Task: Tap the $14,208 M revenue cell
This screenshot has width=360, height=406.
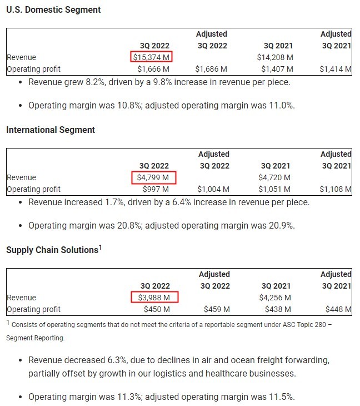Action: [275, 57]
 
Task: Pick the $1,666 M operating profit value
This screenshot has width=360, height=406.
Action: [153, 69]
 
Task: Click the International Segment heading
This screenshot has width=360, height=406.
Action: [51, 130]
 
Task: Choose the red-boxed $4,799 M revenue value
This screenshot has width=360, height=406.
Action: [156, 177]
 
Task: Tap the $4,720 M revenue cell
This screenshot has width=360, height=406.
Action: [276, 177]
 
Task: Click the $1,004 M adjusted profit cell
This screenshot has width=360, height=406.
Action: [214, 189]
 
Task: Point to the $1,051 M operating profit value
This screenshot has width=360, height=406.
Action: [277, 189]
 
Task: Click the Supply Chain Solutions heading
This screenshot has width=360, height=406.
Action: [52, 250]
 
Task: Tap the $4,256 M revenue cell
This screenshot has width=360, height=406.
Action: [276, 298]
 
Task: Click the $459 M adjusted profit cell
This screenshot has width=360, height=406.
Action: [216, 309]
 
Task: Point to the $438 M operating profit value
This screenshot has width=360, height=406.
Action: [279, 309]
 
